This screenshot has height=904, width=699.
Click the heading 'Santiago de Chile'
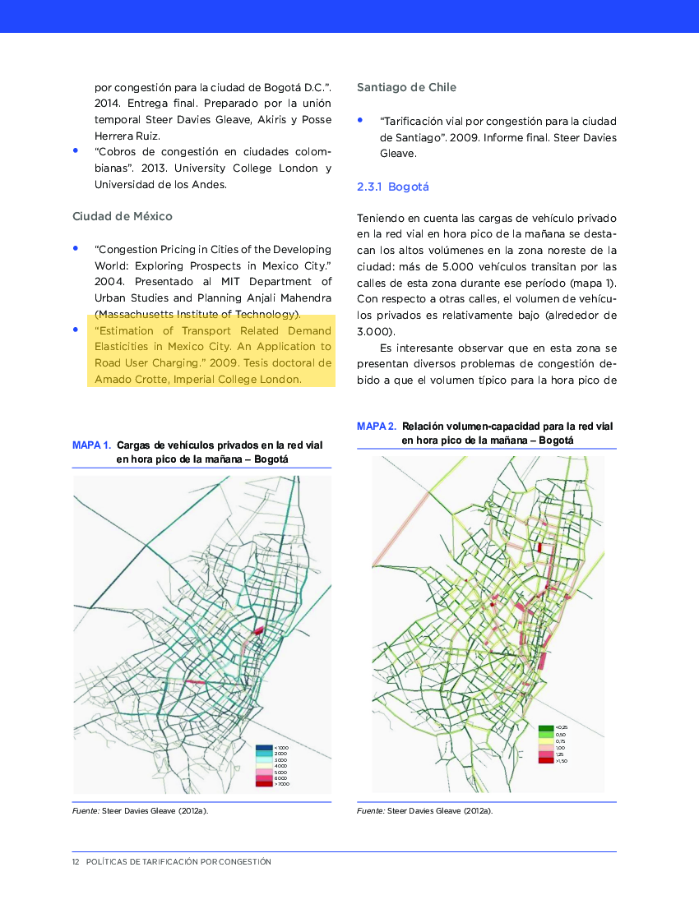[406, 87]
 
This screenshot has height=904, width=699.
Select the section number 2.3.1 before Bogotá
[369, 187]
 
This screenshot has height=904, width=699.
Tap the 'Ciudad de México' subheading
[123, 216]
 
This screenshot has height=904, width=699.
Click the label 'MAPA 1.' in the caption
[92, 445]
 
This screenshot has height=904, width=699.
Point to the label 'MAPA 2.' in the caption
[377, 427]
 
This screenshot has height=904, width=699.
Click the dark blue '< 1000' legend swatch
[263, 747]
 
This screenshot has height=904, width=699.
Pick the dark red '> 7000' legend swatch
[263, 784]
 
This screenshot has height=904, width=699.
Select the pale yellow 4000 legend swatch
[263, 766]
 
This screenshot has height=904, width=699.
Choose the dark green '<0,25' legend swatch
[546, 728]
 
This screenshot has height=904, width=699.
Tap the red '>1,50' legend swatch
[546, 760]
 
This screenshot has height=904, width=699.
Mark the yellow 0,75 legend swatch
[546, 741]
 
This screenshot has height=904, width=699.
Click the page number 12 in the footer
[76, 862]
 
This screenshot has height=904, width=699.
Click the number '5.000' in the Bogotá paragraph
[457, 267]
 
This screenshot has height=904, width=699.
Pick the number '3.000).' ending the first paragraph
[376, 331]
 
